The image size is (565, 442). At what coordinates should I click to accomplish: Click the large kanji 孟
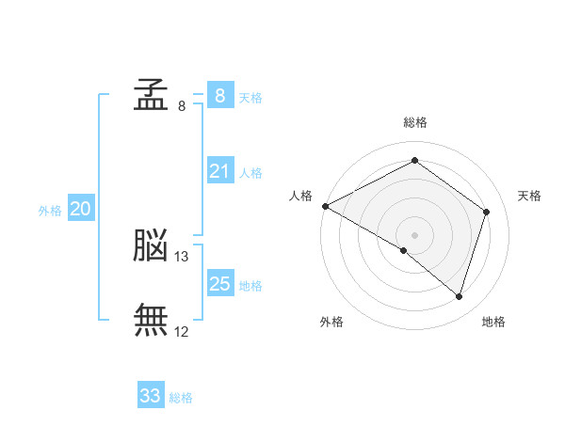coord(151,94)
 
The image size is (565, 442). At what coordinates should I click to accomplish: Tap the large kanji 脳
coord(151,245)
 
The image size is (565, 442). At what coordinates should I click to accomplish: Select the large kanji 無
coord(151,320)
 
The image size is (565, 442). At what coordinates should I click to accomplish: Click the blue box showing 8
coord(219,95)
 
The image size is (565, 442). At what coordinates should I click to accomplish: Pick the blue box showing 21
coord(219,171)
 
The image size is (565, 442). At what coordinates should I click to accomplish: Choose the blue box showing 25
coord(219,283)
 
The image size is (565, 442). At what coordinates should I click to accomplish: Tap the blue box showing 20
coord(80,209)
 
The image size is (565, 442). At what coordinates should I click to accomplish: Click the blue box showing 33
coord(150,396)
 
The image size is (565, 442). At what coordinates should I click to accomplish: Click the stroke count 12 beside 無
coord(182,331)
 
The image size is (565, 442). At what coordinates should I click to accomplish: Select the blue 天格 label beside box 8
coord(250,97)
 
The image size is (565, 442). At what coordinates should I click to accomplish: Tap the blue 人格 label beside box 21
coord(250,173)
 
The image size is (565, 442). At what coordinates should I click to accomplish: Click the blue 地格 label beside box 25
coord(250,285)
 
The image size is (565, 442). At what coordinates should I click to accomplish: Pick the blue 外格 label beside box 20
coord(50,211)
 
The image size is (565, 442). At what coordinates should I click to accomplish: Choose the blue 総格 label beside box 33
coord(181,398)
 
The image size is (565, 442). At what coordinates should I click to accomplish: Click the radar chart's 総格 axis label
coord(414,122)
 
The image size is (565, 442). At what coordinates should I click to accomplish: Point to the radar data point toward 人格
coord(325,206)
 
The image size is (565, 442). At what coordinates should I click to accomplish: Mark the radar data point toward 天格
coord(486,212)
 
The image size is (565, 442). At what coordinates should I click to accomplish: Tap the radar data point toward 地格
coord(459,296)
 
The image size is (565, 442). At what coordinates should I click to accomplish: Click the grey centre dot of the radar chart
coord(414,234)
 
